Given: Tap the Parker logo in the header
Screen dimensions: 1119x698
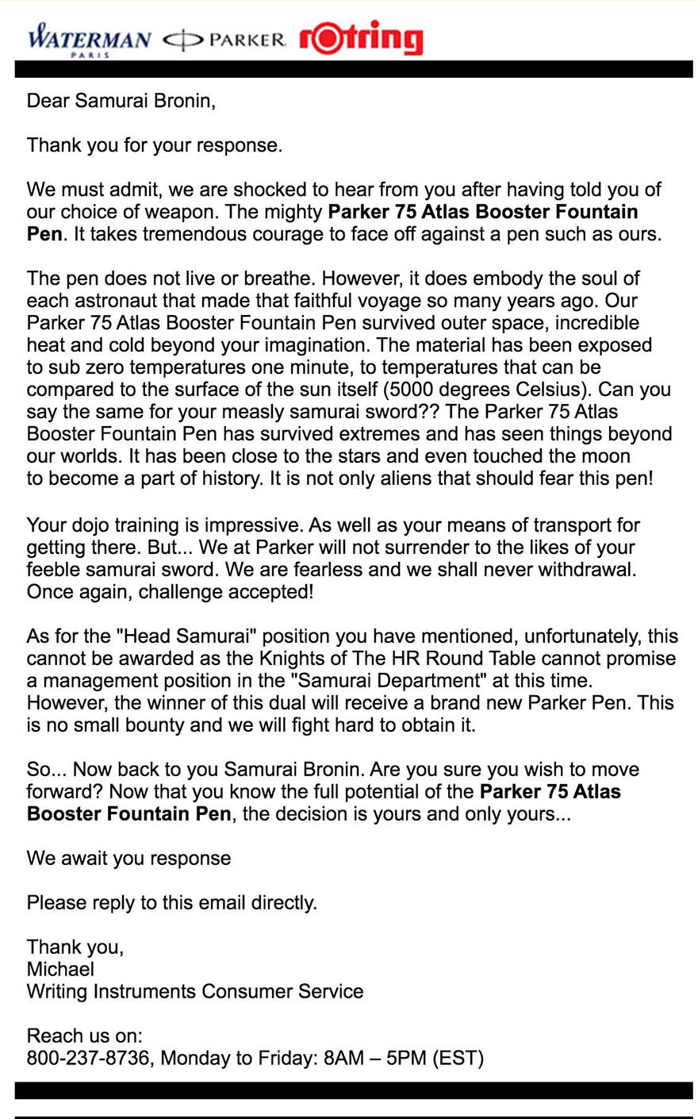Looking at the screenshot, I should [224, 40].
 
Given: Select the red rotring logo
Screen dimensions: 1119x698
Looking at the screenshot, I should [361, 38].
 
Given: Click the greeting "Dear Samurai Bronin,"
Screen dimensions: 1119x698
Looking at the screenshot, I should [121, 101].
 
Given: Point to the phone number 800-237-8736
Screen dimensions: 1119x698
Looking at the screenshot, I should [88, 1058].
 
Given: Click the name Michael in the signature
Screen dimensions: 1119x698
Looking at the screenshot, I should [60, 969].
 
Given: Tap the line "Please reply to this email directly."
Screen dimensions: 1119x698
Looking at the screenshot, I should [171, 902].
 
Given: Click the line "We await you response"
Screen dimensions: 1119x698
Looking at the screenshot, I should [128, 858].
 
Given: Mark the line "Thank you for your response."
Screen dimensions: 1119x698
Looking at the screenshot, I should [154, 145].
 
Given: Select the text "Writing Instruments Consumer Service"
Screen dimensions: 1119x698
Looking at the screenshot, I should [194, 991].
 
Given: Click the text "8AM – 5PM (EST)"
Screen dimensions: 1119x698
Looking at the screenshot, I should [403, 1058].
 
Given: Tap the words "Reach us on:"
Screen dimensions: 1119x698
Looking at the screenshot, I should [84, 1036].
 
